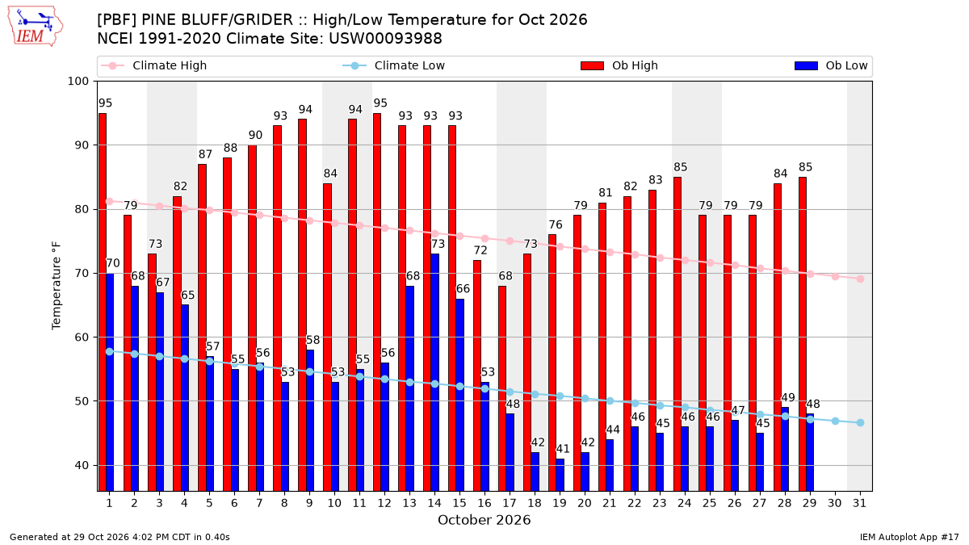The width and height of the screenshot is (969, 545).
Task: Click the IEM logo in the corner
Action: click(x=35, y=27)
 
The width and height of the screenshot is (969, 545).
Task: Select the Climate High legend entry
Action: click(x=153, y=65)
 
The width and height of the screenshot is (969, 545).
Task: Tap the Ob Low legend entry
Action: click(x=831, y=65)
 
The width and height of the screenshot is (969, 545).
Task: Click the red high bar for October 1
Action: click(x=103, y=302)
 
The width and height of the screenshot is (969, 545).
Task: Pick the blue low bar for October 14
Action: click(x=434, y=372)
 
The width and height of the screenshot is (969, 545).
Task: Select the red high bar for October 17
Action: click(x=502, y=388)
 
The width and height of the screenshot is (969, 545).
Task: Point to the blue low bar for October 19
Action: click(x=560, y=475)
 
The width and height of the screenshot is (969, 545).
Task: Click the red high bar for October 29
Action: click(x=803, y=334)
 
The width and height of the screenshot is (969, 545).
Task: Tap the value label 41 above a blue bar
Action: click(x=563, y=449)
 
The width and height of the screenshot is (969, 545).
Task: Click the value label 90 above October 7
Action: click(x=255, y=135)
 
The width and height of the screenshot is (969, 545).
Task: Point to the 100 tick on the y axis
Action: click(x=78, y=82)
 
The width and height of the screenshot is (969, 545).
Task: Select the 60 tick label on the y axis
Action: click(x=82, y=337)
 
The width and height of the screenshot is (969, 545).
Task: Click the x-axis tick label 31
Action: click(x=859, y=503)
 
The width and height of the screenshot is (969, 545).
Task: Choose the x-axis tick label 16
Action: click(x=484, y=503)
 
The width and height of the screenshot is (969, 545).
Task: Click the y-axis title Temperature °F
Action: click(x=57, y=286)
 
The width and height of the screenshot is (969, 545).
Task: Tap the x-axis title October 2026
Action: click(x=484, y=520)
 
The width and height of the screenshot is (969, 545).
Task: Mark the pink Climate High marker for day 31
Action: click(x=860, y=279)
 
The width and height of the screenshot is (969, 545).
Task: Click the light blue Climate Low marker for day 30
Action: click(x=835, y=421)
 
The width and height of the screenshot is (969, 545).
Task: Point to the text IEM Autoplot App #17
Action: click(x=909, y=537)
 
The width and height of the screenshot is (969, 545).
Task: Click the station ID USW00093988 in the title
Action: click(x=385, y=39)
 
